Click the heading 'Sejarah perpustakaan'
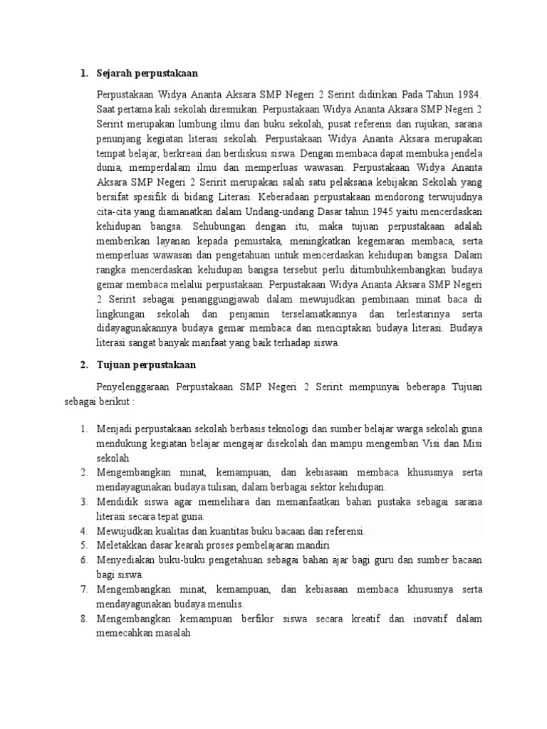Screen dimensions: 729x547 click(147, 73)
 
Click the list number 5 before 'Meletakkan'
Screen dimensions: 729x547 click(83, 545)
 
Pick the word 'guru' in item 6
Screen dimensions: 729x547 click(382, 560)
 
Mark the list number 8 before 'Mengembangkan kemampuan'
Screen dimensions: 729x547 click(83, 619)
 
